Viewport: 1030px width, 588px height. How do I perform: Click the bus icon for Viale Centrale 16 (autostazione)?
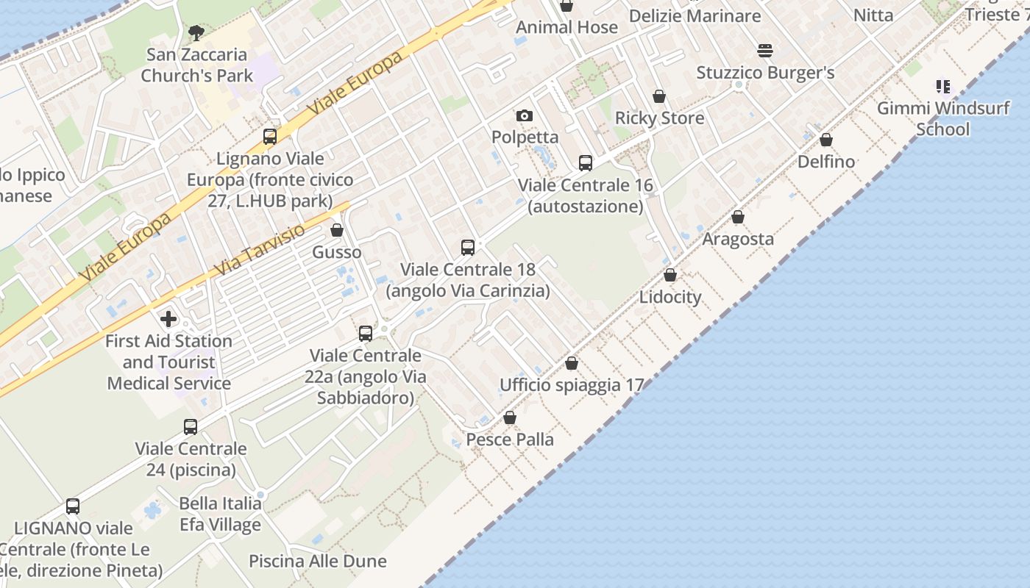tap(586, 163)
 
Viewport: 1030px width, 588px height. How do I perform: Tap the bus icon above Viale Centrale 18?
tap(468, 248)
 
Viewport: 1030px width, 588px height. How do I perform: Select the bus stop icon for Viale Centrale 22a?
tap(366, 334)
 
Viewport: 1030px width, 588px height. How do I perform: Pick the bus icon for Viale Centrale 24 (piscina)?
tap(191, 427)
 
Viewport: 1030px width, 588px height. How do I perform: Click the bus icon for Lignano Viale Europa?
tap(270, 137)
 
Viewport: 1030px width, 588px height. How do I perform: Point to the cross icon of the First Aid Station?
tap(168, 319)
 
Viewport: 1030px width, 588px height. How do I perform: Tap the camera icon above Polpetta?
tap(525, 115)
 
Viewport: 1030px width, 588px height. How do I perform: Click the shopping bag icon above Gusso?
tap(337, 231)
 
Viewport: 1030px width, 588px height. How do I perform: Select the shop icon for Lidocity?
tap(670, 275)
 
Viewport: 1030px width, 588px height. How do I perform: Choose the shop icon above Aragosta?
tap(738, 217)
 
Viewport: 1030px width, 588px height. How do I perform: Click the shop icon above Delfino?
tap(826, 140)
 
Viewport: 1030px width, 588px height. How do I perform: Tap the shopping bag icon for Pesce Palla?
tap(510, 417)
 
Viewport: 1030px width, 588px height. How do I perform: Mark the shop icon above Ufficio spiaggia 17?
tap(572, 363)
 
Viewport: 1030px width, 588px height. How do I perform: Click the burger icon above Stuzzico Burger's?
tap(765, 51)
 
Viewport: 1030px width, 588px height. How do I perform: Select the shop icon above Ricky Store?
tap(659, 96)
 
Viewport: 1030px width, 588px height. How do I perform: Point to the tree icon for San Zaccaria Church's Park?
tap(196, 32)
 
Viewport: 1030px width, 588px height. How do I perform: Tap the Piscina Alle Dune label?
tap(317, 561)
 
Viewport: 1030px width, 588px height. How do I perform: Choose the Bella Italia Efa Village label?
tap(220, 514)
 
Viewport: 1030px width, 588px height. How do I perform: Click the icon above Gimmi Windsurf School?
tap(943, 87)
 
